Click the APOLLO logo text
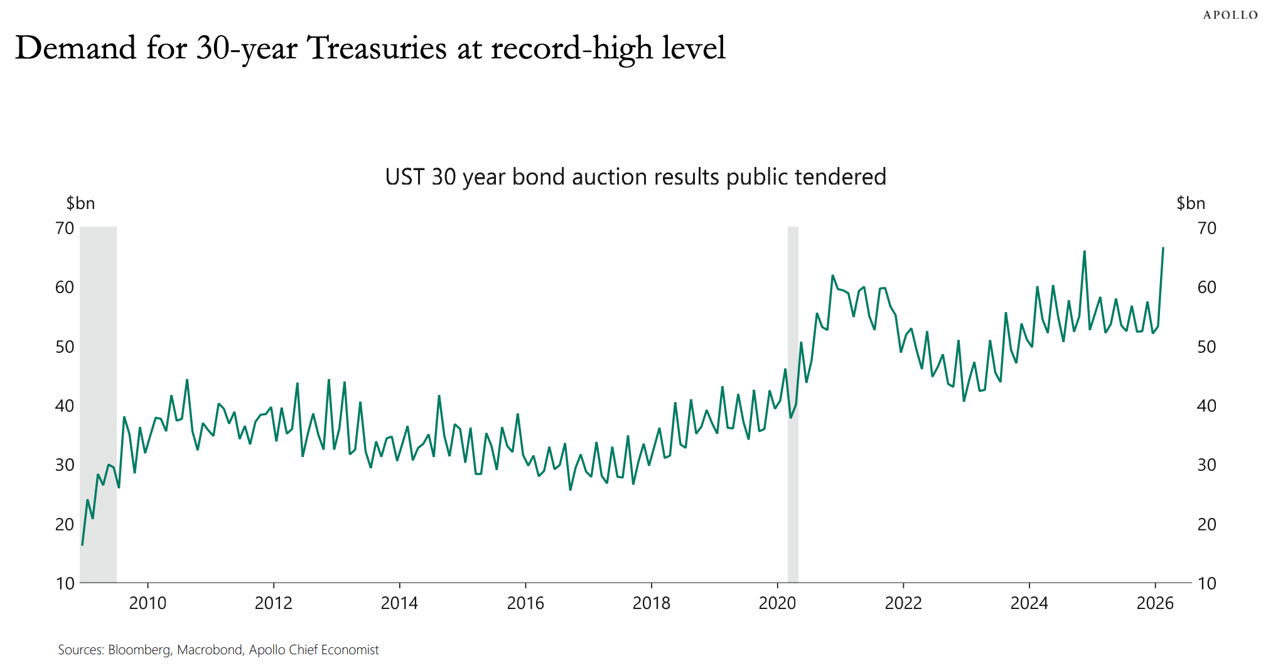click(x=1230, y=15)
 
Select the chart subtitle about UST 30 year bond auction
click(x=635, y=177)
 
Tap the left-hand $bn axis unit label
click(x=80, y=203)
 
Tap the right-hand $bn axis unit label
click(x=1190, y=203)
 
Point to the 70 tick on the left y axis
click(x=65, y=228)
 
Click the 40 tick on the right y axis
click(x=1206, y=406)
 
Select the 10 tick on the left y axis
click(x=65, y=583)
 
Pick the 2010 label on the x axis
click(x=148, y=603)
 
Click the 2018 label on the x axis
click(x=651, y=603)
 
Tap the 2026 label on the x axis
click(x=1155, y=603)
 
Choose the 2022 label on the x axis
click(x=903, y=603)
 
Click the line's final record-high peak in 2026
click(x=1163, y=248)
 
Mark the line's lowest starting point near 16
click(x=82, y=544)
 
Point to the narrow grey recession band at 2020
click(x=793, y=402)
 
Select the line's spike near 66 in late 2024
click(x=1084, y=252)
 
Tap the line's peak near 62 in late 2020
click(x=832, y=276)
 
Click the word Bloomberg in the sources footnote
click(x=139, y=650)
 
